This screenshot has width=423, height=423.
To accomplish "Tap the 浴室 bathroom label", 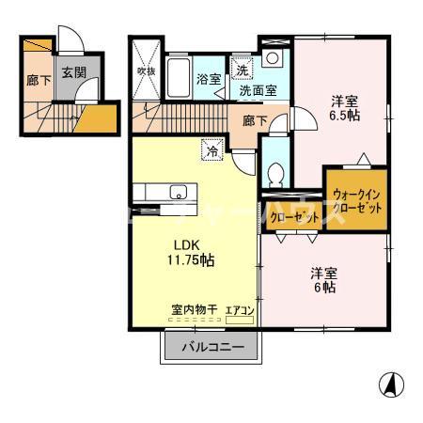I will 209,80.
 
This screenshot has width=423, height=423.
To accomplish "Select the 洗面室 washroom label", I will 257,92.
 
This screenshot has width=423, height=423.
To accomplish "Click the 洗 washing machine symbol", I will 243,70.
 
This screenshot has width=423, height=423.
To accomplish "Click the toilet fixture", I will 274,174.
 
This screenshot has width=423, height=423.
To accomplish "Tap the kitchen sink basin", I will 177,195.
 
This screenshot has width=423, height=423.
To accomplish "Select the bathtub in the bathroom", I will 180,77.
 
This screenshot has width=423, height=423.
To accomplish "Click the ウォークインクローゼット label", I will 355,200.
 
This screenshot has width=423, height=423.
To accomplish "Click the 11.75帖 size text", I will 188,259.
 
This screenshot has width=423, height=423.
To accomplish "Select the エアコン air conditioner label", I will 239,309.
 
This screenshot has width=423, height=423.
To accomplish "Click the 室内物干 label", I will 195,309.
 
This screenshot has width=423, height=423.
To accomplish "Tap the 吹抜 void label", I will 146,70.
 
